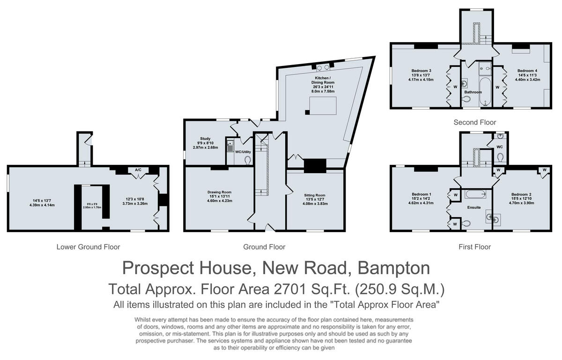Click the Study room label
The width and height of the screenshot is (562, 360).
coord(205,139)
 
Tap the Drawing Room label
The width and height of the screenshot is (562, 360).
coord(220,192)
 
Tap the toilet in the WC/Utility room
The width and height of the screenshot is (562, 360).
coord(247,160)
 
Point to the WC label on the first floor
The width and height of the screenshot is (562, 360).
coord(499,147)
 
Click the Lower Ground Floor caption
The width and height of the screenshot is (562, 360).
coord(88,247)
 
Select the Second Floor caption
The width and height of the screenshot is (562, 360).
coord(474,123)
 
